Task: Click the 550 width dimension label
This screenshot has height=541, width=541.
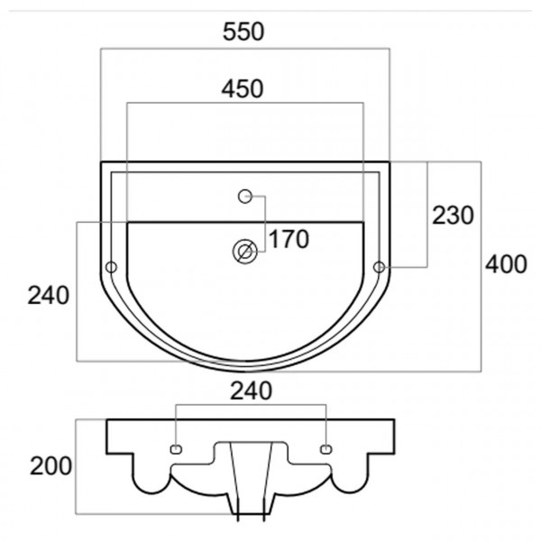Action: (x=243, y=32)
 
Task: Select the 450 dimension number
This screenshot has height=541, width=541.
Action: (x=243, y=88)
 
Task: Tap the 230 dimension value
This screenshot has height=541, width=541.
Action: (x=453, y=215)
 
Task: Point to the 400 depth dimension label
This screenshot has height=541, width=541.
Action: (x=506, y=264)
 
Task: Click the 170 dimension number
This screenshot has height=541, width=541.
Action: (x=289, y=239)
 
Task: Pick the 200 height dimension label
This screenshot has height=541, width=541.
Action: (x=50, y=466)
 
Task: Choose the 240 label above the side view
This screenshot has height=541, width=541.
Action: (x=252, y=391)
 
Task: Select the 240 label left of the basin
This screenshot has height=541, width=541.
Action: (x=49, y=296)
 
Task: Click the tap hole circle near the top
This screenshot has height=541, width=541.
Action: (x=245, y=197)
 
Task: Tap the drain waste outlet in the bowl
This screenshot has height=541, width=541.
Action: (x=245, y=252)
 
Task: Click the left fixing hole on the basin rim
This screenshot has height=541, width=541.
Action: (x=111, y=267)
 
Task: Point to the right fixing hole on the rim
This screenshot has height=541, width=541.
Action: (x=380, y=267)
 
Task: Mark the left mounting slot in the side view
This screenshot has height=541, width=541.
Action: (x=177, y=449)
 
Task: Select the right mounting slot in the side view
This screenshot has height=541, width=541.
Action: (x=326, y=449)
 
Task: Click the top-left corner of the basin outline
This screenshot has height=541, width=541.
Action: (x=101, y=161)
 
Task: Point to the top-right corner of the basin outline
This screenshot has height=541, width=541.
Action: (x=390, y=161)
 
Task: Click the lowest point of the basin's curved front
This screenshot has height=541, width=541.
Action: (x=245, y=371)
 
